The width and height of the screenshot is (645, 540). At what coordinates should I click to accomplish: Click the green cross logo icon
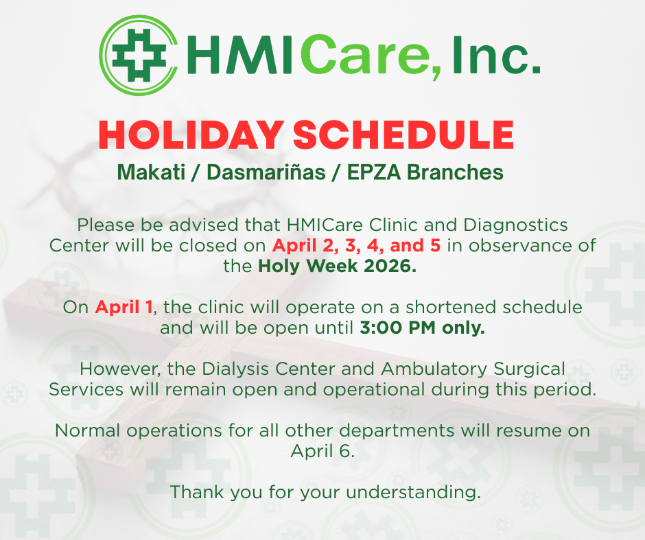tap(139, 55)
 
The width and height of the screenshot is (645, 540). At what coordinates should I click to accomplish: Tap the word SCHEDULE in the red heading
tap(403, 135)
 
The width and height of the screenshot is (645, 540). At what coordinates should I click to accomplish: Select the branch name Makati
tap(151, 172)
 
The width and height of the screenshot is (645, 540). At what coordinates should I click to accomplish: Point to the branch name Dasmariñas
tap(266, 172)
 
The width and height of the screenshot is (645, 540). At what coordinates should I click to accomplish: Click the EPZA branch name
tap(374, 172)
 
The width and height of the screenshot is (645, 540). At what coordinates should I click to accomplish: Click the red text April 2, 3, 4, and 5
tap(356, 245)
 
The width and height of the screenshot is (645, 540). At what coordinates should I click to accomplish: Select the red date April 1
tap(124, 307)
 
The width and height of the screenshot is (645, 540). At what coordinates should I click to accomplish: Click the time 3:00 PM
tap(397, 328)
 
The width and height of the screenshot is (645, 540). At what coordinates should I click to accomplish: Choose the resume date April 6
tap(322, 451)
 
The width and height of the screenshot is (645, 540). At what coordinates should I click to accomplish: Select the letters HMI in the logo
tap(240, 55)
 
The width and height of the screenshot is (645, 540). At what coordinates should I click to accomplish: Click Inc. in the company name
tap(497, 55)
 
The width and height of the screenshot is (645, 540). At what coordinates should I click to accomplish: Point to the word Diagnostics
tap(515, 225)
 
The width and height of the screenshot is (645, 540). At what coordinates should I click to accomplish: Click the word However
tap(120, 369)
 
